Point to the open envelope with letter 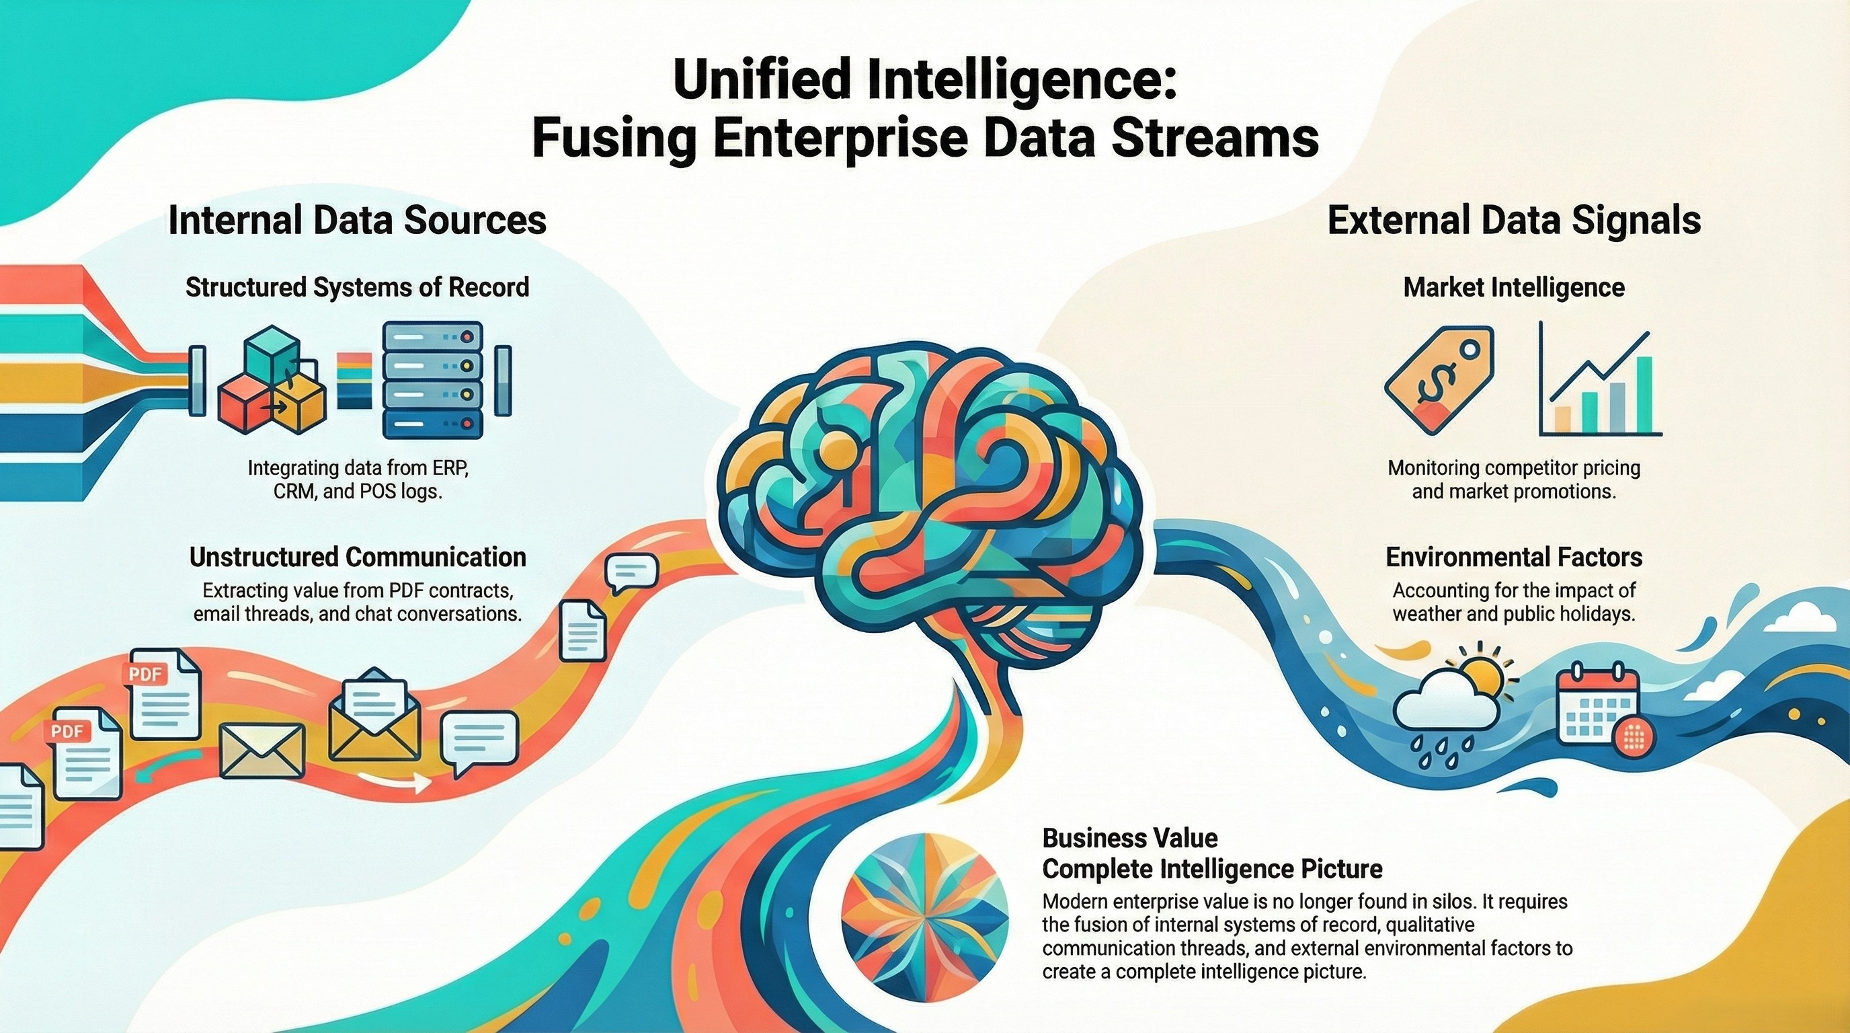(374, 716)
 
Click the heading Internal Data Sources (357, 221)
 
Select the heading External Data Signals (1514, 221)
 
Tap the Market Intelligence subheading (1514, 287)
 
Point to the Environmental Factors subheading (1514, 557)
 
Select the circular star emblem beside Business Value (924, 917)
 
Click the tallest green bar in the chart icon (1644, 393)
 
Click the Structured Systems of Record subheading (357, 287)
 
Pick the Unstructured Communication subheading (357, 557)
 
